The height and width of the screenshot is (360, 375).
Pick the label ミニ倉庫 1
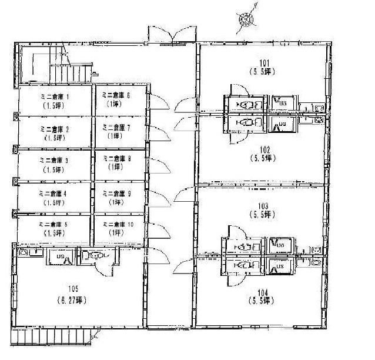click(54, 96)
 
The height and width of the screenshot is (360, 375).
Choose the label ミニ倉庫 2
click(54, 128)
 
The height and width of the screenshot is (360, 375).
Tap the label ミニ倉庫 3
click(54, 160)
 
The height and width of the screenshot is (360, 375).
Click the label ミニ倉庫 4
click(54, 193)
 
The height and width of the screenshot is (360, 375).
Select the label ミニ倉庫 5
click(54, 225)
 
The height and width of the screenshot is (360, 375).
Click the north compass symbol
click(247, 19)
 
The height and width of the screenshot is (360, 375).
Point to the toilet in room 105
click(94, 256)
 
